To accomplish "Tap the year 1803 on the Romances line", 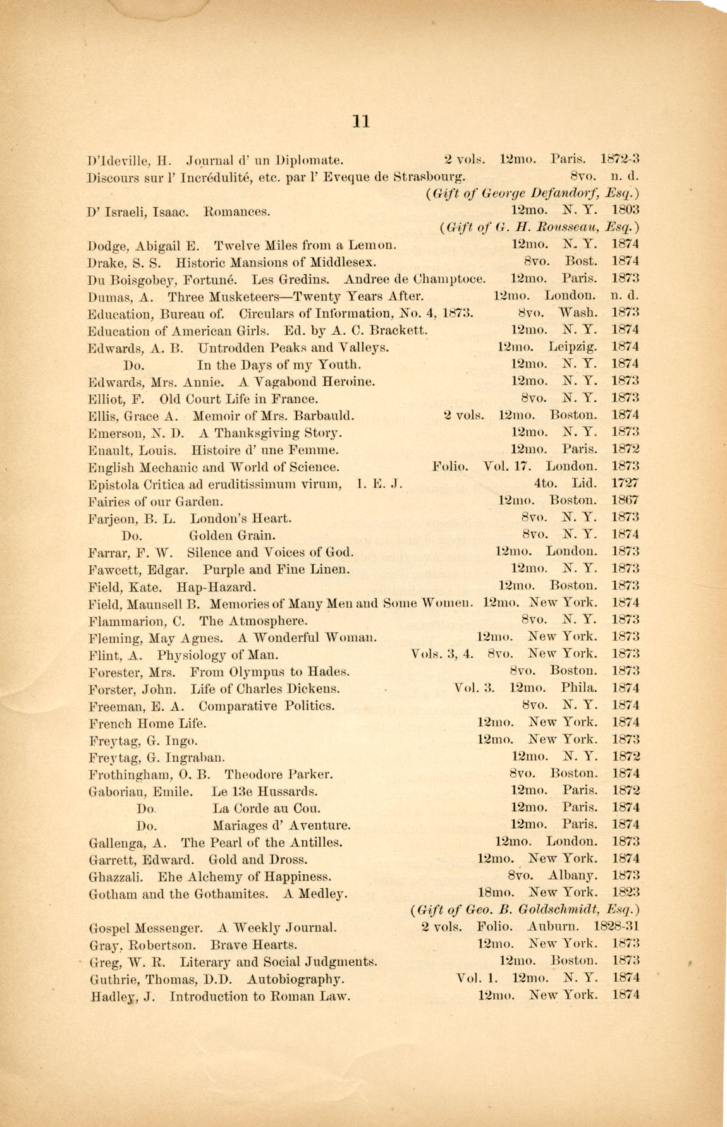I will point(625,210).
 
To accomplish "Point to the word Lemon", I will point(376,244).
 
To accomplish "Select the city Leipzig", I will point(572,347).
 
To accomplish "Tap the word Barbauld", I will point(322,416).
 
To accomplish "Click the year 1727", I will point(625,483).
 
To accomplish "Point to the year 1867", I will point(625,500).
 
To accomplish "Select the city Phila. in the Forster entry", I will point(578,688).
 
